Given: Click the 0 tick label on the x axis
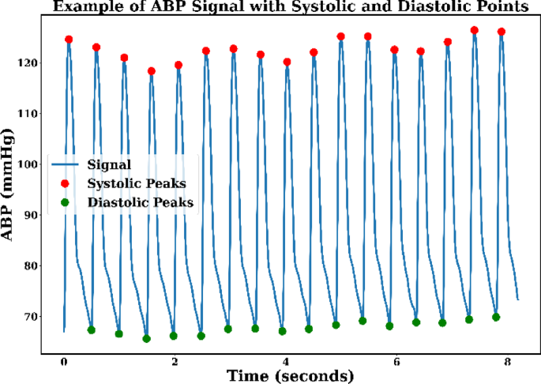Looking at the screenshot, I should click(x=64, y=361).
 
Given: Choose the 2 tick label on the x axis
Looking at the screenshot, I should click(x=175, y=361).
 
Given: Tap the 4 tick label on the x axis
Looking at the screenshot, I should click(x=287, y=361).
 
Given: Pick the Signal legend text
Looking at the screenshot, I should click(x=109, y=165).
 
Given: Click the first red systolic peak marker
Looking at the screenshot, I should click(x=69, y=40).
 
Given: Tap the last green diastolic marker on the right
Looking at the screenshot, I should click(x=496, y=317).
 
